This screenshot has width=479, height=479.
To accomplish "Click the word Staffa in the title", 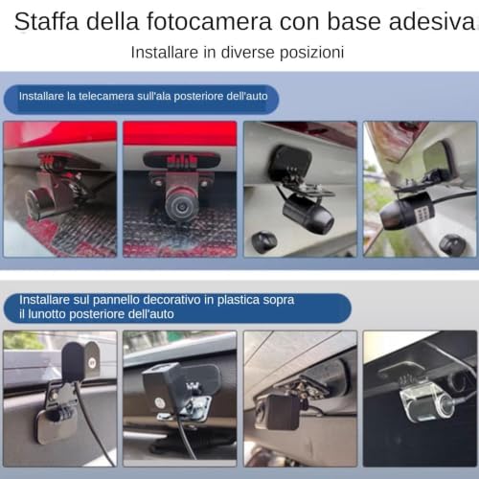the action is (x=46, y=21).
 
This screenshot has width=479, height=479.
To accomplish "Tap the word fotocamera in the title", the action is (x=209, y=21).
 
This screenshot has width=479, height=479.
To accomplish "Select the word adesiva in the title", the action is (x=432, y=21).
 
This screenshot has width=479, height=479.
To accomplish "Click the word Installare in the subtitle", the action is (x=165, y=52).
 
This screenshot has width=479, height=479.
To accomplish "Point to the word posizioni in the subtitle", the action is (x=311, y=53).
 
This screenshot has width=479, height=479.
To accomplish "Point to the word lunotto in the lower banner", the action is (x=47, y=314).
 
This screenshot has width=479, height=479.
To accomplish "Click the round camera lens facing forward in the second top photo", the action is (x=180, y=205).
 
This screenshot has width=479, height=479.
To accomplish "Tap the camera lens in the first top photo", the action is (x=34, y=202).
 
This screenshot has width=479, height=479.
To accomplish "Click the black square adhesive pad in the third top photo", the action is (x=289, y=163).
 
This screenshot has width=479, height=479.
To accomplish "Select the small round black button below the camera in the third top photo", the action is (x=263, y=241).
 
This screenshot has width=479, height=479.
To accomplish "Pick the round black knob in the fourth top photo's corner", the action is (x=452, y=244).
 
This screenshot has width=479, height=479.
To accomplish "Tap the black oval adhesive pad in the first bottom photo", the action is (x=74, y=361).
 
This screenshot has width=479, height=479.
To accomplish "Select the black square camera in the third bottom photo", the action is (x=282, y=412).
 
